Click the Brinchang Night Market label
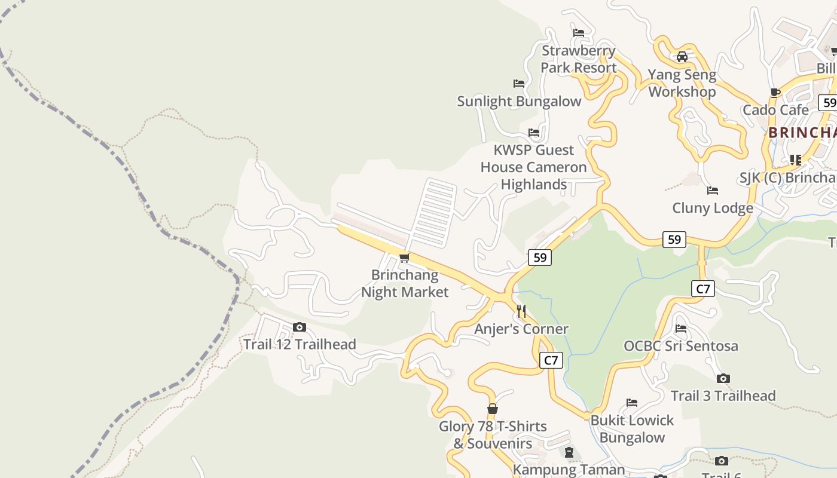click(404, 284)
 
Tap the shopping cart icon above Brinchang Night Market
click(404, 258)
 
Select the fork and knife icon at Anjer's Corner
click(521, 311)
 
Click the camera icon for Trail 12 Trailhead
click(300, 327)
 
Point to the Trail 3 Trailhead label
click(723, 396)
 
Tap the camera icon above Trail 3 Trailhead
click(723, 378)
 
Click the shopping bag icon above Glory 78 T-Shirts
click(492, 409)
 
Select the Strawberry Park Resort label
click(578, 59)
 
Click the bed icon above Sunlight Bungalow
click(519, 84)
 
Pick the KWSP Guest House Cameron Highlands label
click(533, 167)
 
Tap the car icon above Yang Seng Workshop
click(682, 57)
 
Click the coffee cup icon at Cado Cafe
click(775, 93)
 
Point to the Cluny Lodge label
click(712, 208)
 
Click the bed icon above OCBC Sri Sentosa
click(680, 328)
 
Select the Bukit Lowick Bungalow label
click(632, 429)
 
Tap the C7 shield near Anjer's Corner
click(551, 360)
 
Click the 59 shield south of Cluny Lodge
click(674, 240)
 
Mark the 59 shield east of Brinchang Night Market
click(539, 258)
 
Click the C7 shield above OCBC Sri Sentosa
click(703, 289)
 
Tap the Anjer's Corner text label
click(521, 329)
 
